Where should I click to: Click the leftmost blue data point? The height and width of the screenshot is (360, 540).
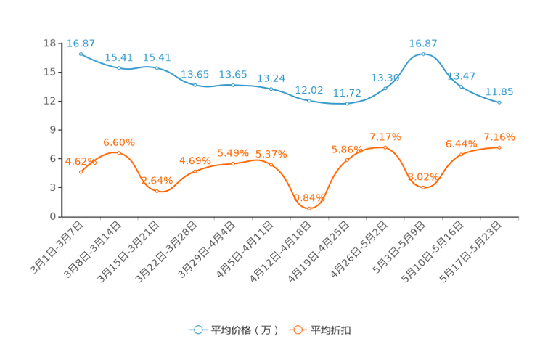coord(81,53)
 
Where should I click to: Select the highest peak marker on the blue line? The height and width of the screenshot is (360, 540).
coord(423,54)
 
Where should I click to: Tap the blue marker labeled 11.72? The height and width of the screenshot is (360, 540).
coord(348,104)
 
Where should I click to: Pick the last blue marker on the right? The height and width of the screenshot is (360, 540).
coord(499,102)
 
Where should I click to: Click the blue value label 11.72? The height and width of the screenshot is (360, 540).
coord(348,94)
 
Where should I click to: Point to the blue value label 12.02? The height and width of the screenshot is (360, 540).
coord(309,89)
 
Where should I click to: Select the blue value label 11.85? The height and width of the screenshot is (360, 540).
coord(499,91)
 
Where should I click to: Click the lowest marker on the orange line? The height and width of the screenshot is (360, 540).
coord(309,208)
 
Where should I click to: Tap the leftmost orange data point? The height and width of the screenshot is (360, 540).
coord(81,171)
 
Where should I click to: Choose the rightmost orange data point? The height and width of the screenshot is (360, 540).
coord(499,147)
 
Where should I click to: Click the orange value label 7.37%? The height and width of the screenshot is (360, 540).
coord(385,136)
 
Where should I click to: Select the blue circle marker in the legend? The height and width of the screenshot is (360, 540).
coord(198,330)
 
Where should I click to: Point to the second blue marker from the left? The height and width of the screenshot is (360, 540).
coord(118,67)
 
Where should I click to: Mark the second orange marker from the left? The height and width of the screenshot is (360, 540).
coord(118,152)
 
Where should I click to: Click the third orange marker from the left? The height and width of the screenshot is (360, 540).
coord(157,191)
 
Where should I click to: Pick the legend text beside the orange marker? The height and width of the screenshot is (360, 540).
coord(332,330)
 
